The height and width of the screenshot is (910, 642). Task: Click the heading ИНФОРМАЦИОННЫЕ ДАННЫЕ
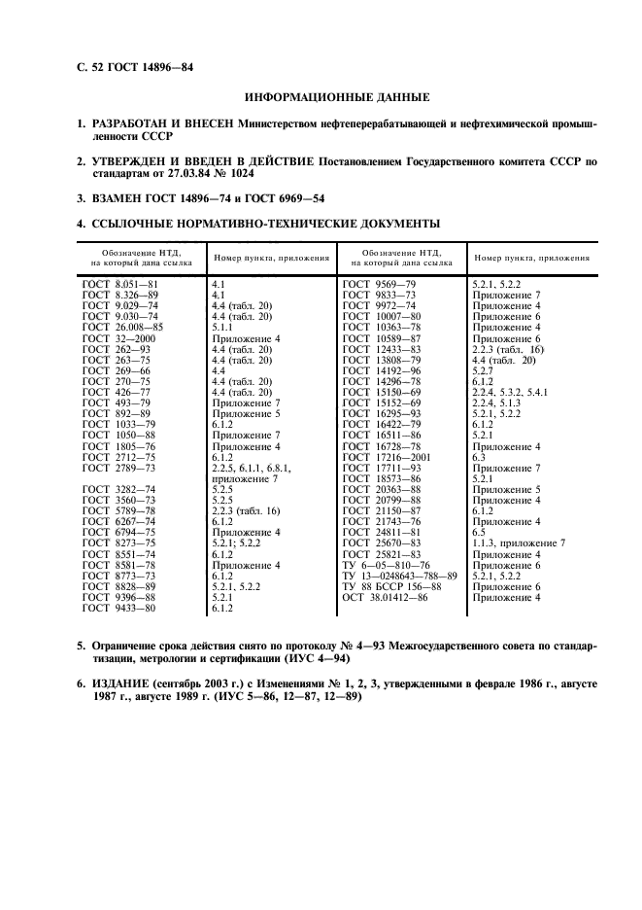point(337,97)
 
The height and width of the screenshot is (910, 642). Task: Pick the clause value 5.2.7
point(483,370)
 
